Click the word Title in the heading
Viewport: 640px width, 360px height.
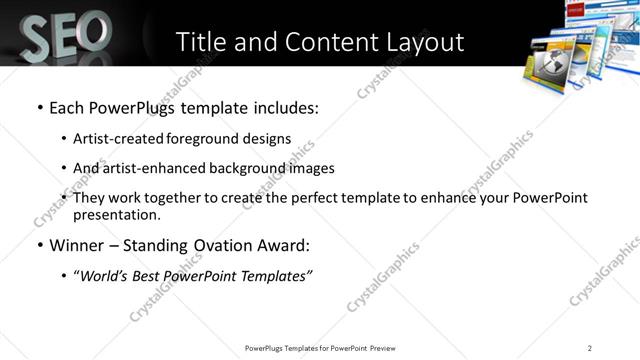(204, 42)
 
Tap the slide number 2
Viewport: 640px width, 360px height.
(590, 348)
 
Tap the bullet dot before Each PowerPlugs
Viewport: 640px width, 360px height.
(38, 107)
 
